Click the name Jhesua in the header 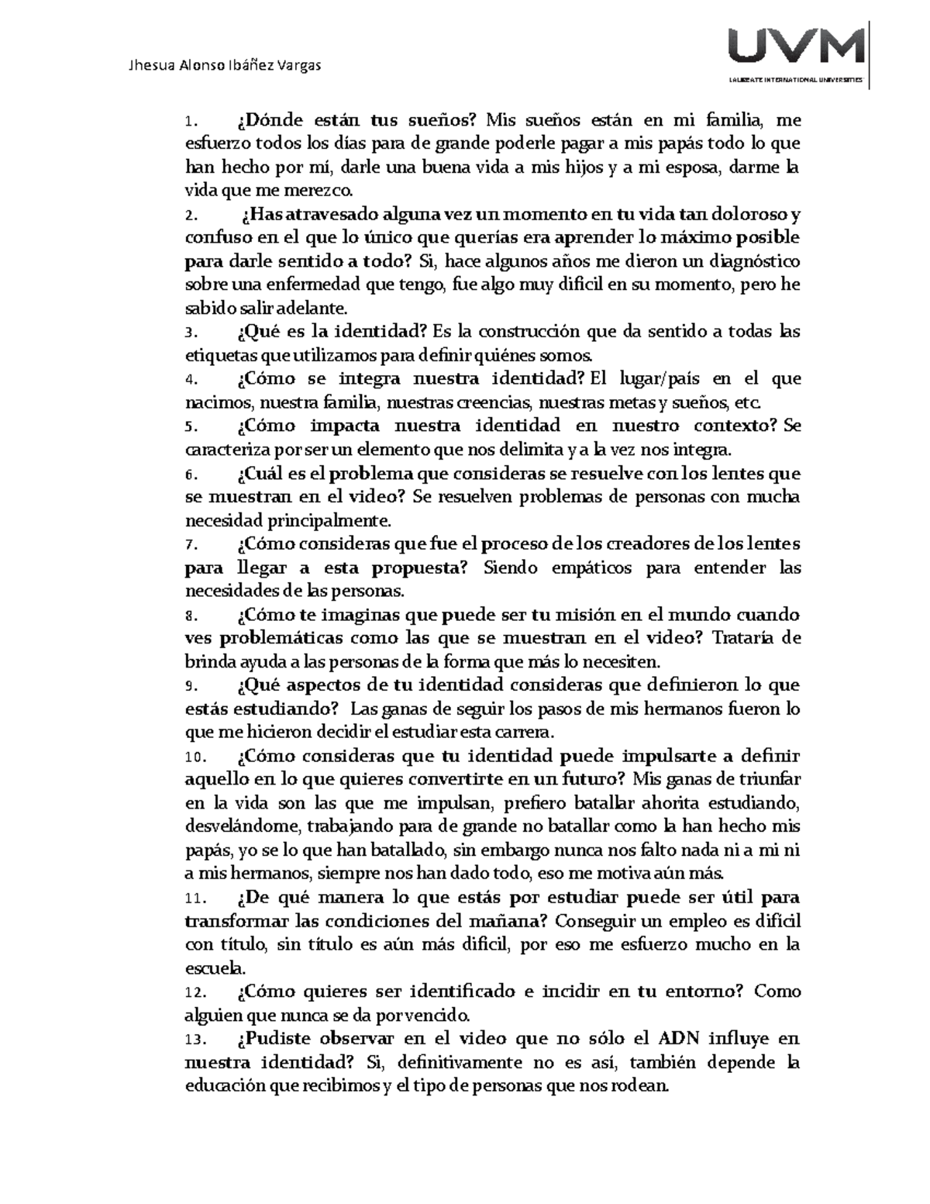(150, 65)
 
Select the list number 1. (191, 121)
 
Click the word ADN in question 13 (680, 1039)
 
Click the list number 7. (191, 545)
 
